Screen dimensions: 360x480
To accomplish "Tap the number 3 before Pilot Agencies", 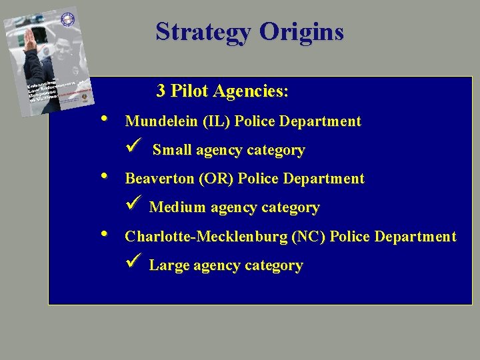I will pyautogui.click(x=161, y=91).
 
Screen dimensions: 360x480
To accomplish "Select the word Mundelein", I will pyautogui.click(x=162, y=121).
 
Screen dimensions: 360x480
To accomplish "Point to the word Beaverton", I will pyautogui.click(x=163, y=179).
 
